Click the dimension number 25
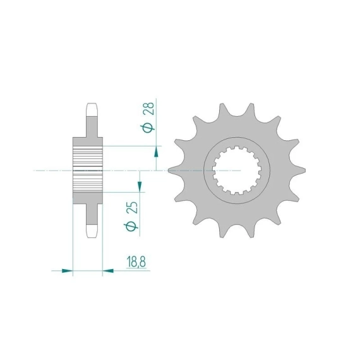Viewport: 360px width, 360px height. (133, 208)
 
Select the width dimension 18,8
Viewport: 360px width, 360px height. (136, 261)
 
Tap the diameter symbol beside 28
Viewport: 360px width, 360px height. (147, 128)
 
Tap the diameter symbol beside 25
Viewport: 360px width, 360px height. (131, 226)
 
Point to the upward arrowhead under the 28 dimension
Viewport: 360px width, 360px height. (156, 152)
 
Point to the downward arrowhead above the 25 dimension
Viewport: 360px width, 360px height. (140, 186)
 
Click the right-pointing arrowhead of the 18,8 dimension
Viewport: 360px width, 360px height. (68, 271)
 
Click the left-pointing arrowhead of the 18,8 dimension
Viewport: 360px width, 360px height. (108, 271)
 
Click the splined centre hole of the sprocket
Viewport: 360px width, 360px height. (237, 171)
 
